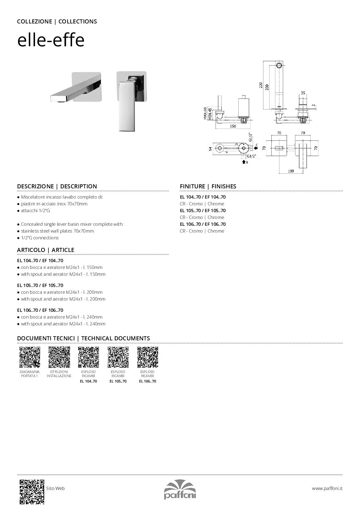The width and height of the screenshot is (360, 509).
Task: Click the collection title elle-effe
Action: (51, 41)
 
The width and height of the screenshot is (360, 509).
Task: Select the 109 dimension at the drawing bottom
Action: (291, 171)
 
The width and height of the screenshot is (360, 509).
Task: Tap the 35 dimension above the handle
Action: (303, 92)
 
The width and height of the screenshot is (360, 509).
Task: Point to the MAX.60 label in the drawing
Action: (205, 113)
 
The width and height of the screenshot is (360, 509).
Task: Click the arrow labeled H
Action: (244, 162)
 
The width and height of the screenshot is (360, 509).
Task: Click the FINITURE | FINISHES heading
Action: (208, 186)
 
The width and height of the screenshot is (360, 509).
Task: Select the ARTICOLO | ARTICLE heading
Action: (46, 250)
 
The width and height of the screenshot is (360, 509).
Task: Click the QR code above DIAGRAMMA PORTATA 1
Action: (30, 357)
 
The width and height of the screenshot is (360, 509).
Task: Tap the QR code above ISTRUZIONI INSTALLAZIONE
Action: (59, 357)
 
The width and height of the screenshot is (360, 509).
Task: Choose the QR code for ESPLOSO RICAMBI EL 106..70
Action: (148, 357)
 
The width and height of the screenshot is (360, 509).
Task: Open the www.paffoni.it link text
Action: (327, 488)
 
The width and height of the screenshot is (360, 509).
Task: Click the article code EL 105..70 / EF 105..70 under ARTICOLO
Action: (40, 285)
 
